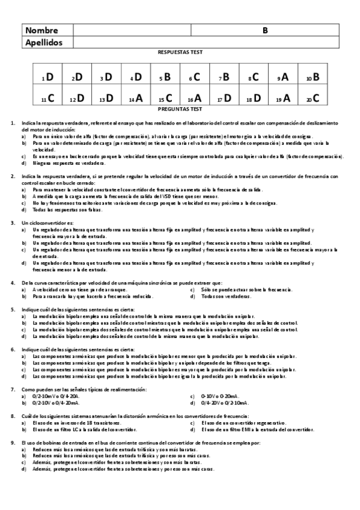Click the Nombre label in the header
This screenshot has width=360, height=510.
click(42, 30)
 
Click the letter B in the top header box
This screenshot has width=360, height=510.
click(265, 30)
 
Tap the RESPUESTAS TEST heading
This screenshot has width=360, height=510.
click(180, 53)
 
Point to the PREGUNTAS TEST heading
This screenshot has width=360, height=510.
click(180, 109)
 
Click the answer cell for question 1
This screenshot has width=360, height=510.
click(47, 77)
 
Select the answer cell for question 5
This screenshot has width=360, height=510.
click(165, 77)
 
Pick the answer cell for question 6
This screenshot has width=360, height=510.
click(195, 77)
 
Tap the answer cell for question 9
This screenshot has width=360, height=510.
click(283, 77)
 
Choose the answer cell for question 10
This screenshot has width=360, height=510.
click(313, 77)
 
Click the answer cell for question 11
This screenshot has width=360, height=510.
click(47, 98)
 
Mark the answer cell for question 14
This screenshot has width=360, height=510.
click(136, 98)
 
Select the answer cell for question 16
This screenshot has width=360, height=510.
click(195, 98)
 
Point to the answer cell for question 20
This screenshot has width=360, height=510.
click(313, 98)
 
